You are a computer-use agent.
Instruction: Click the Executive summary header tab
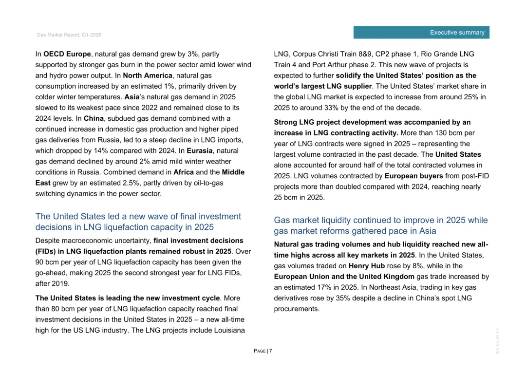click(422, 33)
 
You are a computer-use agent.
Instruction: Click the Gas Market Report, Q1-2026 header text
click(69, 35)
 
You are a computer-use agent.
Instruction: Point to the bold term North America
click(148, 75)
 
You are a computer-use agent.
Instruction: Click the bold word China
click(93, 118)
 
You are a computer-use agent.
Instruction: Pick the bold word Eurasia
click(199, 151)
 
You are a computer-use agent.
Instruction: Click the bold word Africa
click(184, 172)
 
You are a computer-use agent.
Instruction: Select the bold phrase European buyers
click(414, 176)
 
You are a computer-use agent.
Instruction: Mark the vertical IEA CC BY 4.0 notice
click(497, 340)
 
